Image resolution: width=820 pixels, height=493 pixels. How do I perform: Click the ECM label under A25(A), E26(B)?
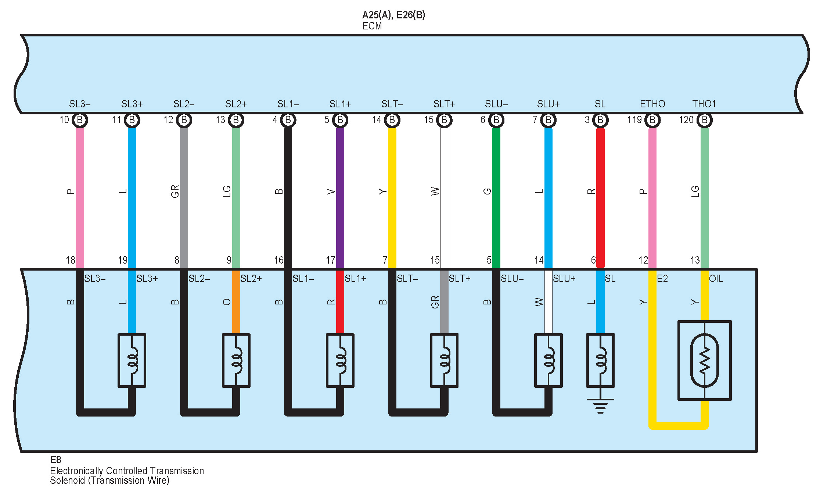tap(372, 26)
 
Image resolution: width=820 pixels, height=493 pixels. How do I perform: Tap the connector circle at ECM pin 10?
tap(80, 120)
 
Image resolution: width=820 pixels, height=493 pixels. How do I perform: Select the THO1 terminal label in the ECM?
tap(704, 104)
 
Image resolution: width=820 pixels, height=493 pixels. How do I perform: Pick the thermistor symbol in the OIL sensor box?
tap(704, 360)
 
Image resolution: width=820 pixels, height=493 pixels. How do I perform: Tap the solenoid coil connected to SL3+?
tap(132, 360)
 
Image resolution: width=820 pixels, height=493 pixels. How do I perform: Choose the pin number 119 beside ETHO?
tap(634, 120)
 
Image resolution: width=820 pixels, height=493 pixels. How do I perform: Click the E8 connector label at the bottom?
tap(55, 460)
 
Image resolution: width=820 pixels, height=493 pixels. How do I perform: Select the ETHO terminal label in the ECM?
tap(652, 104)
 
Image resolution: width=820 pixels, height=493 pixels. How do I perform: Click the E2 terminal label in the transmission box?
tap(662, 279)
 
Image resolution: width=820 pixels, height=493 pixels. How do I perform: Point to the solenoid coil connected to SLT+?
tap(444, 360)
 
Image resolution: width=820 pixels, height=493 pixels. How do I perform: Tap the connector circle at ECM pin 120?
tap(704, 120)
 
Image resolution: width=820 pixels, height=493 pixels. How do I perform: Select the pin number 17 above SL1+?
tap(330, 260)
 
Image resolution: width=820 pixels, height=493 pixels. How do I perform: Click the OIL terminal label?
tap(716, 279)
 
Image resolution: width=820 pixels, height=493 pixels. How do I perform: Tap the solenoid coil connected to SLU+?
tap(548, 360)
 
